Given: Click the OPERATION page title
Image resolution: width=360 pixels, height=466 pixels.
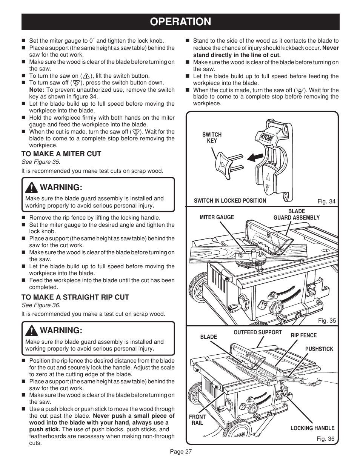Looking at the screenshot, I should pos(180,22).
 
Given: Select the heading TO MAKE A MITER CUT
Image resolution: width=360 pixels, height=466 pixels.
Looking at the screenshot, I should pos(61,154).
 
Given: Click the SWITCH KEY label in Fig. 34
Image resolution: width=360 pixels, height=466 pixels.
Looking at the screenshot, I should pos(212,138).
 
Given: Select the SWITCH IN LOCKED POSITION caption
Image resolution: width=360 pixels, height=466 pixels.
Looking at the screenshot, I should pos(230,201).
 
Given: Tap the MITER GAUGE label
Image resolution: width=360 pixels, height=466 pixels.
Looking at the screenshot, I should pos(217,217).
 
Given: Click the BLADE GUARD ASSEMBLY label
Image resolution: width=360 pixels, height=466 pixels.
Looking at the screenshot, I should pos(296,215).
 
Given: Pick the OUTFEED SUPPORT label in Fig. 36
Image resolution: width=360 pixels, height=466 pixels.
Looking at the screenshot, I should pos(257,332).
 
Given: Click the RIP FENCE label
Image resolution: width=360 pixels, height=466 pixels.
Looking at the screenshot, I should pos(303,335).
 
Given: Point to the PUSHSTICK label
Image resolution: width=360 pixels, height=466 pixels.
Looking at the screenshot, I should pos(319,349).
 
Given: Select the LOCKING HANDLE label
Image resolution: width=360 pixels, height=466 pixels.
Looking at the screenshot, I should pos(312,428).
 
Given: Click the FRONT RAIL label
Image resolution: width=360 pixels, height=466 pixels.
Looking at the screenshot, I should pos(197,420).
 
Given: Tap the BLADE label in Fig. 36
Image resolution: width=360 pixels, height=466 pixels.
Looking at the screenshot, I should pos(208,337).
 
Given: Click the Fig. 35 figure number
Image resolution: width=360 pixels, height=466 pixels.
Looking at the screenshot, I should pos(326,321).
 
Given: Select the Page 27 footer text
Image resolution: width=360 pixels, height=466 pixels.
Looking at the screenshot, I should pos(180,452).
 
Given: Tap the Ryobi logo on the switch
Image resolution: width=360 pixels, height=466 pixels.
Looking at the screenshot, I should pos(266,138).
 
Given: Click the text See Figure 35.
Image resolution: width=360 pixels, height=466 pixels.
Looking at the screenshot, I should pos(40,162).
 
